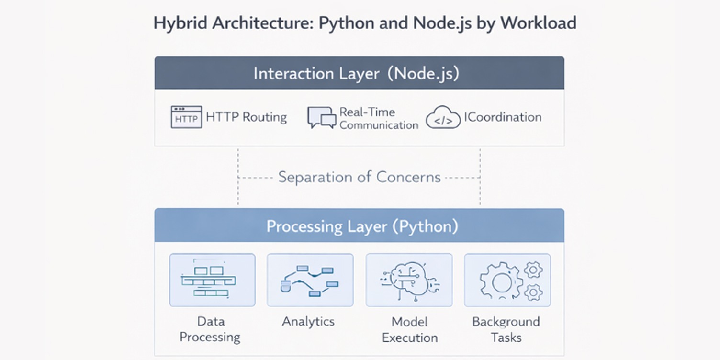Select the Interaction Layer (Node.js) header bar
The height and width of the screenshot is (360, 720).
click(x=359, y=73)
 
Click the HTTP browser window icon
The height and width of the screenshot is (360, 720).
click(x=186, y=117)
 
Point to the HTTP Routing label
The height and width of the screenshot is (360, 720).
click(x=246, y=117)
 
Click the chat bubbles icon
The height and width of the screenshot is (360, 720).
click(x=321, y=118)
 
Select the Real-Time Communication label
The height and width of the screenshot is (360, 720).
click(x=378, y=119)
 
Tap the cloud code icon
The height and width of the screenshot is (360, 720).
click(x=443, y=118)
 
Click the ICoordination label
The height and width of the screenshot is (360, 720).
click(x=503, y=117)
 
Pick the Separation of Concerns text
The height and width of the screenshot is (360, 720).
click(x=359, y=177)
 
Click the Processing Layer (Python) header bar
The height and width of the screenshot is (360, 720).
click(x=359, y=226)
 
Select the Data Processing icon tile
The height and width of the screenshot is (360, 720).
click(x=212, y=280)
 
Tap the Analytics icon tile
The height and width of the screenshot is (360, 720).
click(x=310, y=280)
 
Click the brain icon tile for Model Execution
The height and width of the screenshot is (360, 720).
click(x=409, y=280)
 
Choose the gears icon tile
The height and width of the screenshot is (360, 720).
click(x=507, y=280)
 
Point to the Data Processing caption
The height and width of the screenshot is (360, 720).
click(x=210, y=329)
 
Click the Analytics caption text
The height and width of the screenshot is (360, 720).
click(x=308, y=321)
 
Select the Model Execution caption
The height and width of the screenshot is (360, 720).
click(x=409, y=329)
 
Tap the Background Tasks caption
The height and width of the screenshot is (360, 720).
click(x=506, y=329)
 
